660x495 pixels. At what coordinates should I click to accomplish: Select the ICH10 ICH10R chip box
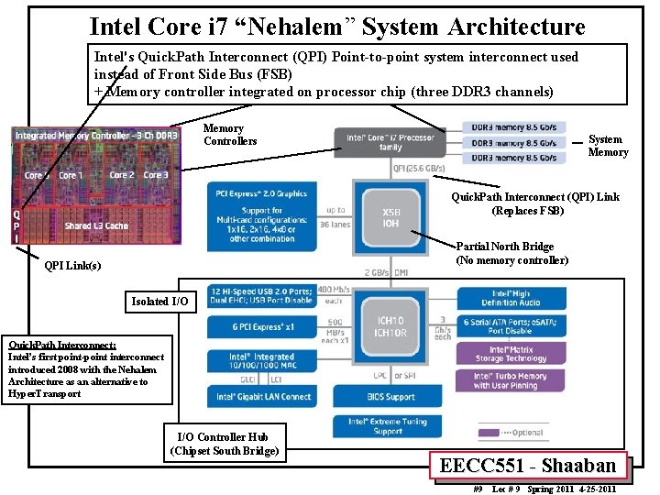tap(390, 327)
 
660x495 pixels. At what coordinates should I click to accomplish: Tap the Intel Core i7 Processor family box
tap(390, 142)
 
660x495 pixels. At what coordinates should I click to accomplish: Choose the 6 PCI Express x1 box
tap(261, 326)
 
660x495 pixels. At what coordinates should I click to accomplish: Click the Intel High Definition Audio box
tap(510, 297)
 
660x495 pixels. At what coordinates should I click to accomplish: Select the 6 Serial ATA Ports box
tap(510, 325)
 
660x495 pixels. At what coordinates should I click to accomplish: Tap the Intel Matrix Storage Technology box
tap(510, 354)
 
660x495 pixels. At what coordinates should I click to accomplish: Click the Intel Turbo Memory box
tap(510, 380)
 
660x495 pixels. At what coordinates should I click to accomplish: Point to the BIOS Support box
tap(390, 397)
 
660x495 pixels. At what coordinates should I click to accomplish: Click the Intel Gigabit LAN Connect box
tap(263, 397)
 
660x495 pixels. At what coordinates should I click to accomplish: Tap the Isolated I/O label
tap(160, 301)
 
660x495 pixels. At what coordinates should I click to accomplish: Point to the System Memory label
tap(608, 146)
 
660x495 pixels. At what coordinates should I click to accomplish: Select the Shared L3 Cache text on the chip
tap(96, 225)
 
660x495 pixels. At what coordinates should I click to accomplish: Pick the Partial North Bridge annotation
tap(512, 253)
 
